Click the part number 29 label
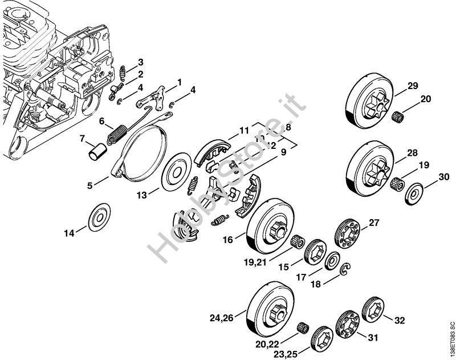click(x=412, y=87)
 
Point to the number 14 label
click(x=69, y=233)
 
